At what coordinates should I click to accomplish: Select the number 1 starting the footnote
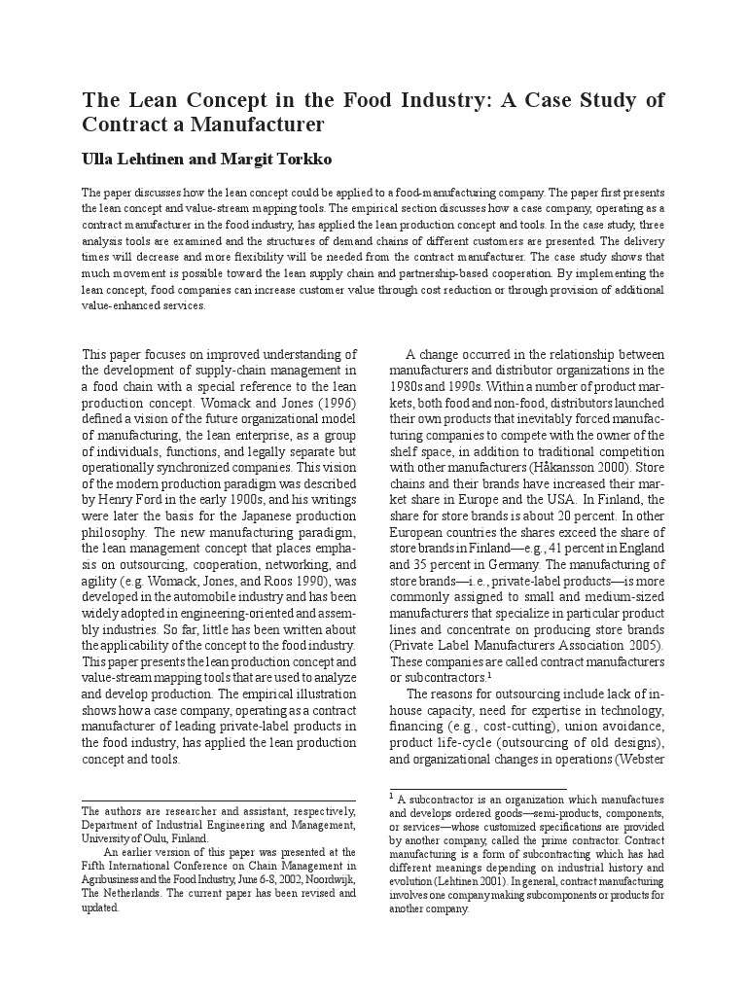pos(393,798)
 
